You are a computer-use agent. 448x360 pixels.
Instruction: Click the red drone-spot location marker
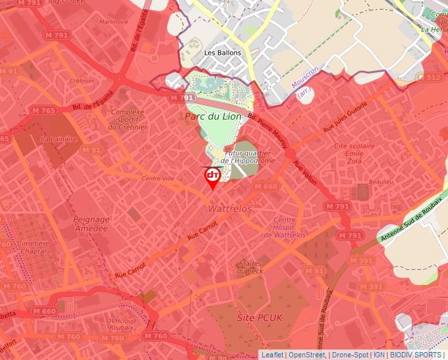(x=212, y=176)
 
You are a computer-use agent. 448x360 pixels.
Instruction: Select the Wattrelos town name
(x=230, y=208)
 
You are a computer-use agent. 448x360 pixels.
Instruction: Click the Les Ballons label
(x=223, y=53)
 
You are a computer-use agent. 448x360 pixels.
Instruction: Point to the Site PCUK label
(x=259, y=317)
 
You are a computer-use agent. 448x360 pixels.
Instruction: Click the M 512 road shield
(x=433, y=78)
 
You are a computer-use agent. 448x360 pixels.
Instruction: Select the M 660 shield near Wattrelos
(x=265, y=187)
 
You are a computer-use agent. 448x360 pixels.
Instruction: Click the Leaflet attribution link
(x=272, y=355)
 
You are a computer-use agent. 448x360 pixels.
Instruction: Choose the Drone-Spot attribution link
(x=350, y=355)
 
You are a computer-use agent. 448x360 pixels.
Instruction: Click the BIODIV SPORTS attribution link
(x=416, y=355)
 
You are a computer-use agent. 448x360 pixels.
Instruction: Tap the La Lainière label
(x=59, y=140)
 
